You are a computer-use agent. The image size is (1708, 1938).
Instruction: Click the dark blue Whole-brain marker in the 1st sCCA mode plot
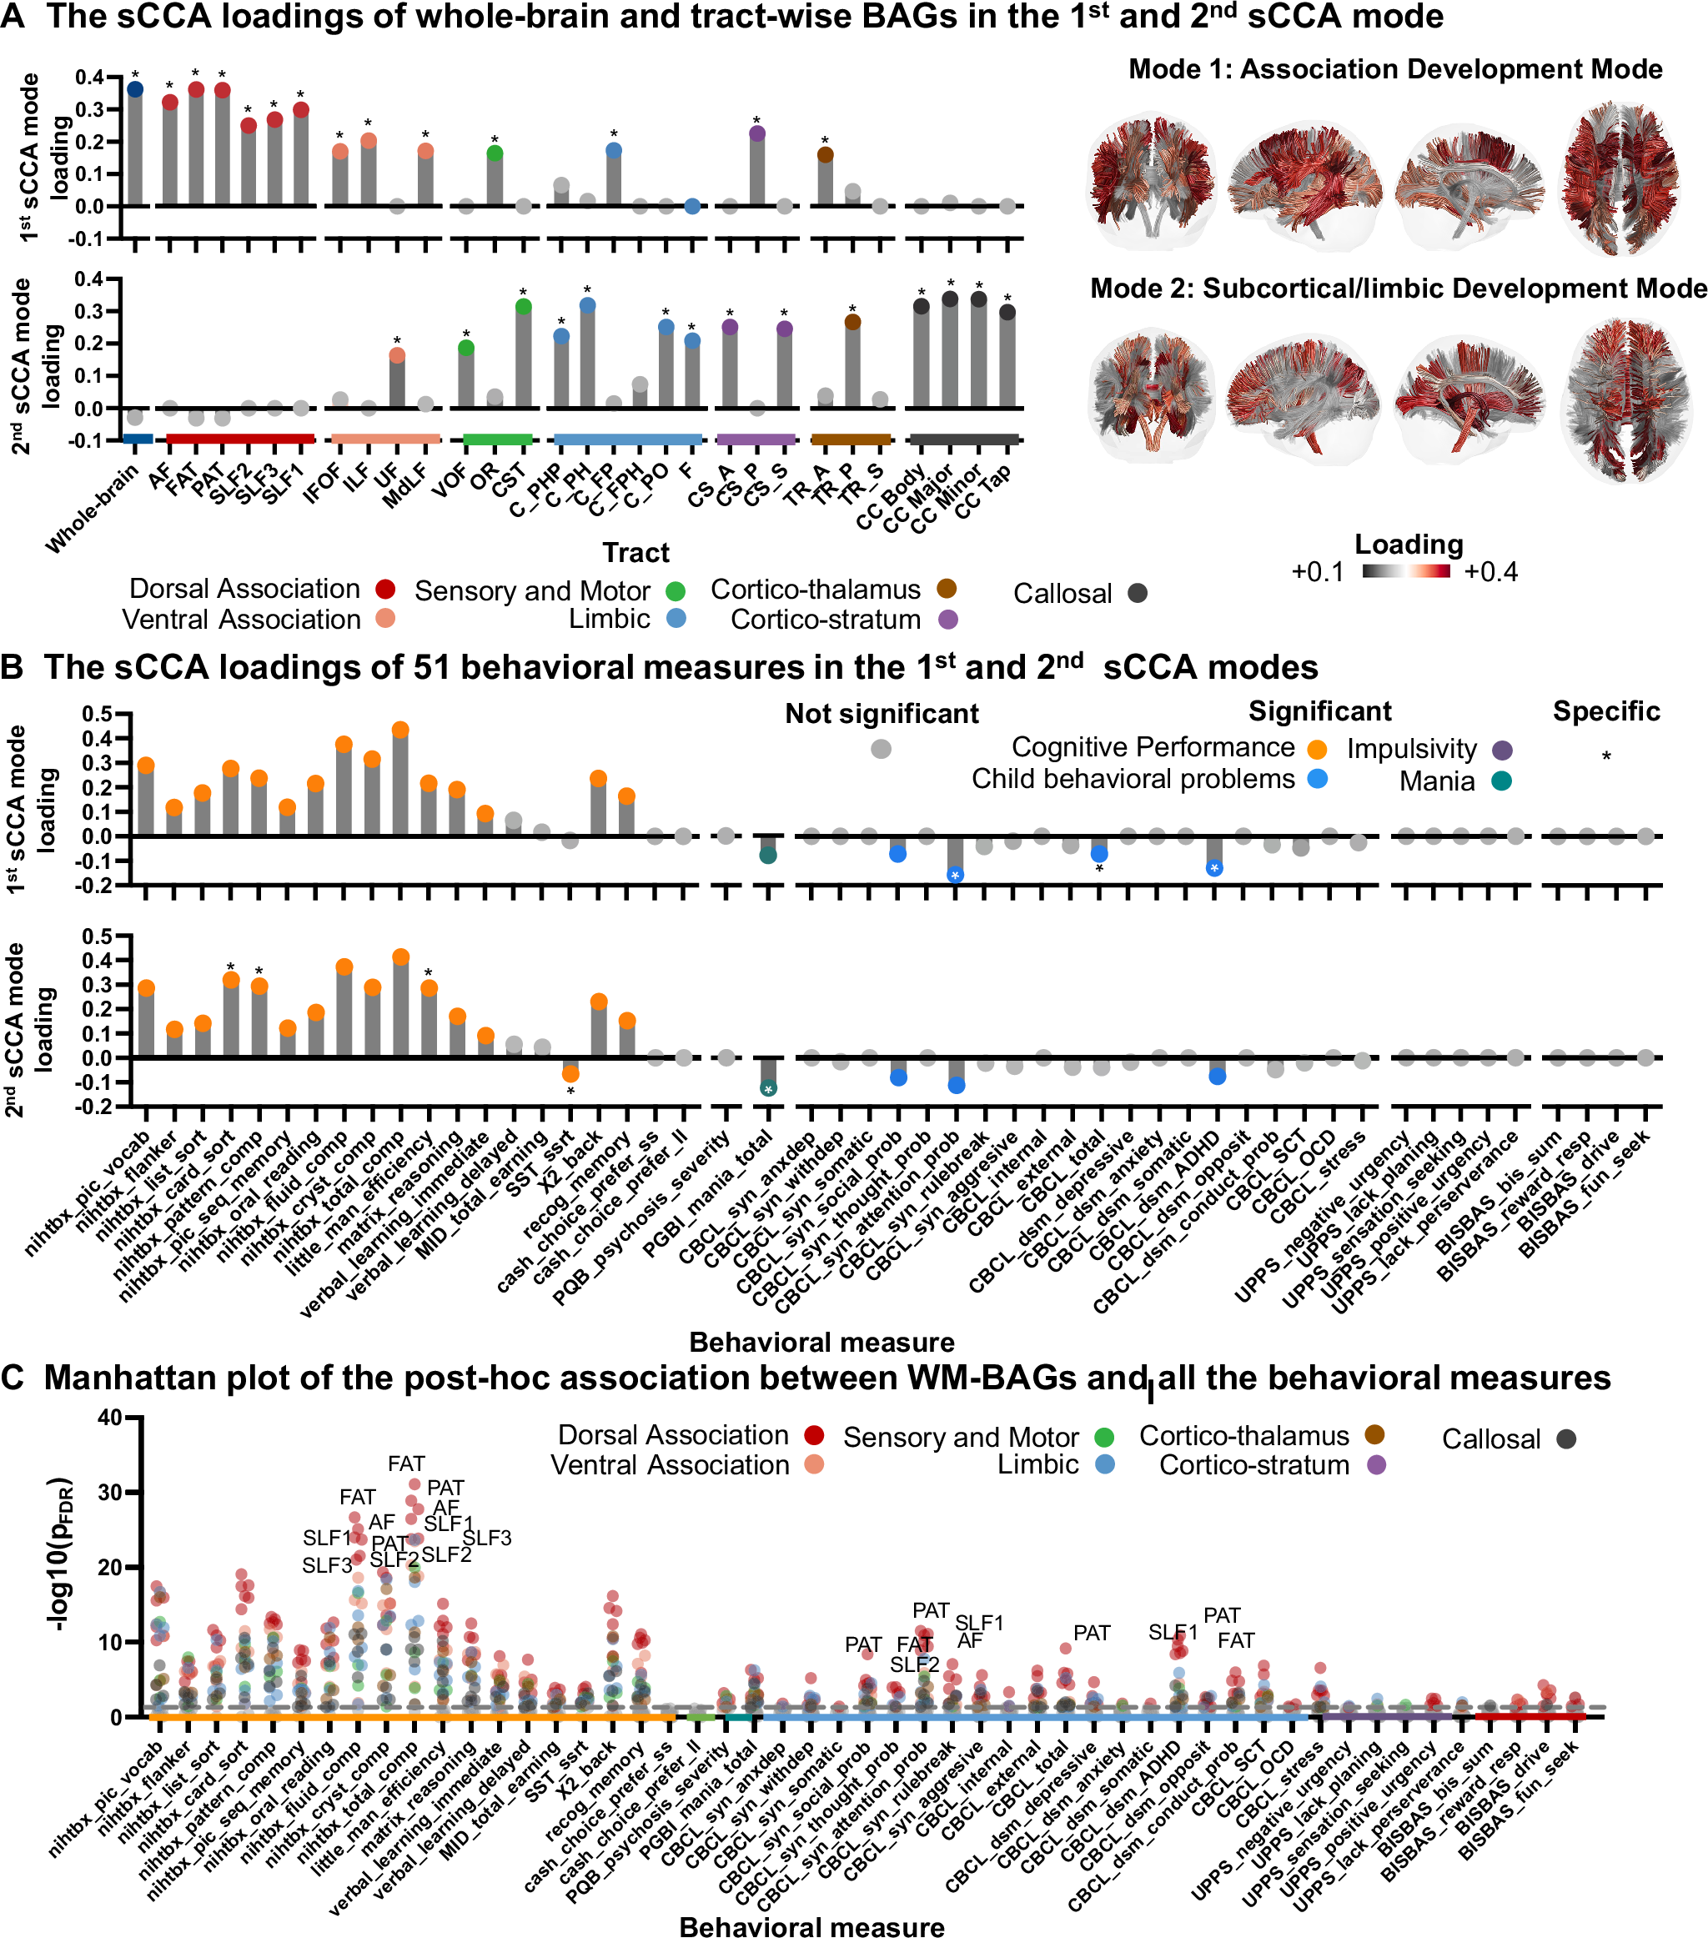pyautogui.click(x=134, y=89)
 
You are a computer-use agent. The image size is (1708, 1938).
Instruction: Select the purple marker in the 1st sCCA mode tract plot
pyautogui.click(x=756, y=133)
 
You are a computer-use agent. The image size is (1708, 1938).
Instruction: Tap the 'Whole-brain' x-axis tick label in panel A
pyautogui.click(x=92, y=510)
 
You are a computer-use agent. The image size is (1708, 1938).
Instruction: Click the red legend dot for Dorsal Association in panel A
pyautogui.click(x=385, y=589)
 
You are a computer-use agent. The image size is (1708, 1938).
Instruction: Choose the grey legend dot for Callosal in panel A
pyautogui.click(x=1137, y=594)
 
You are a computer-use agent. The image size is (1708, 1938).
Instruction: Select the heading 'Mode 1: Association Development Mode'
pyautogui.click(x=1395, y=69)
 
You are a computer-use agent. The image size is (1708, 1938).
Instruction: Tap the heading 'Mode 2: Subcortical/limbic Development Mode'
pyautogui.click(x=1398, y=289)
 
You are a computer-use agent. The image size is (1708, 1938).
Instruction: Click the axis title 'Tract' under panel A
pyautogui.click(x=635, y=553)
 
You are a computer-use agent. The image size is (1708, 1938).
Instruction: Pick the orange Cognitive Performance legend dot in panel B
pyautogui.click(x=1317, y=749)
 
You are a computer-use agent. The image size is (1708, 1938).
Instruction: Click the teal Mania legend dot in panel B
pyautogui.click(x=1500, y=781)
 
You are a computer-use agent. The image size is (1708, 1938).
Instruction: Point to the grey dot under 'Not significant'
pyautogui.click(x=881, y=749)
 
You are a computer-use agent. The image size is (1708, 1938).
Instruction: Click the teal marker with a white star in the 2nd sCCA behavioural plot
pyautogui.click(x=768, y=1088)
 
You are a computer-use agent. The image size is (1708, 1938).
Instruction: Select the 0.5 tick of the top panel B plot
pyautogui.click(x=97, y=714)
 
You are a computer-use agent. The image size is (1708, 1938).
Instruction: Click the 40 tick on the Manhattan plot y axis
pyautogui.click(x=109, y=1418)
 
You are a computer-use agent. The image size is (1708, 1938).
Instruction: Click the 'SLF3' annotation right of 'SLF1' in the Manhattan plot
pyautogui.click(x=486, y=1538)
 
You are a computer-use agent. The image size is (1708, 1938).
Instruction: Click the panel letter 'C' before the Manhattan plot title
pyautogui.click(x=13, y=1378)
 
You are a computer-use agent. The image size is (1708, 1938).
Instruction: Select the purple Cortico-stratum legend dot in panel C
pyautogui.click(x=1376, y=1465)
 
